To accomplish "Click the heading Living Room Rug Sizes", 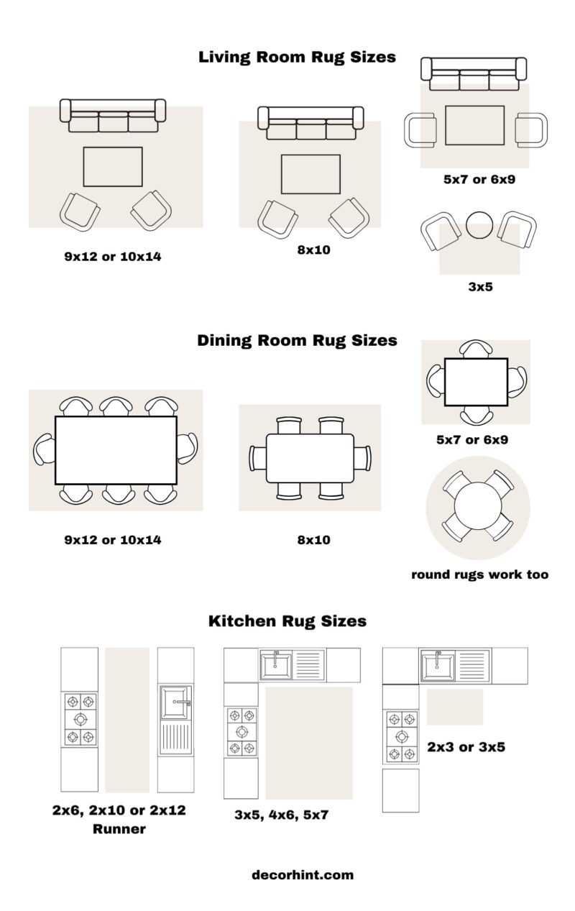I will point(297,57).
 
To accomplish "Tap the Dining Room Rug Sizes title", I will point(297,340).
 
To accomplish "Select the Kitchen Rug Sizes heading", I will point(287,621).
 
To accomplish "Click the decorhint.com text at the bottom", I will point(303,875).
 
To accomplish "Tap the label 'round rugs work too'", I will point(479,574).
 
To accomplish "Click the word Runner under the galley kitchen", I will point(119,829).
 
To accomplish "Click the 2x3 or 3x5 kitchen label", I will point(466,747).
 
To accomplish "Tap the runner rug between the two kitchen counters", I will point(127,719).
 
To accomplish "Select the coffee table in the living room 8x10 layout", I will point(310,174).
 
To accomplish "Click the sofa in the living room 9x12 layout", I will point(113,116).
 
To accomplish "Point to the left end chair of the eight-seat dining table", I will point(42,450).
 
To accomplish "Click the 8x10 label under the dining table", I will point(314,539).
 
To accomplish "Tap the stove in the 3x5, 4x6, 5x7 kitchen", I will point(241,732).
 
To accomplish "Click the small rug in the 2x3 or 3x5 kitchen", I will point(455,707).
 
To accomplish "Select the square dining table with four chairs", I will point(476,382).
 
